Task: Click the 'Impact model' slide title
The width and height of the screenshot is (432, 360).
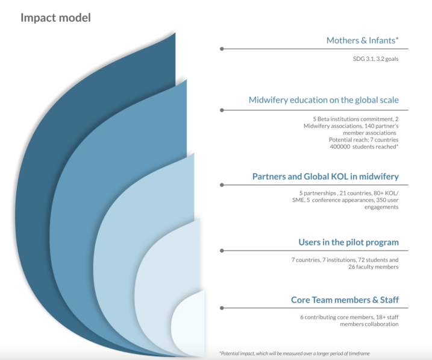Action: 55,17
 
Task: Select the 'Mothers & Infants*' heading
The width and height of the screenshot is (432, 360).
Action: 362,40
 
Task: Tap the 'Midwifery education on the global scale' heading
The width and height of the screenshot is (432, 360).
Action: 324,100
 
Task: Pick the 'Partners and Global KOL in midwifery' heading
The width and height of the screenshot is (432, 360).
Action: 325,177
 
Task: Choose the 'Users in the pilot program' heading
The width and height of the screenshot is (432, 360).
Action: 348,242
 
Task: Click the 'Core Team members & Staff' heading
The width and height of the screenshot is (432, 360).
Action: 345,300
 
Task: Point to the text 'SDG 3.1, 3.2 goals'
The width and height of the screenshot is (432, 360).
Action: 376,59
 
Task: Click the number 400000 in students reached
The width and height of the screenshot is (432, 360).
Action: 340,147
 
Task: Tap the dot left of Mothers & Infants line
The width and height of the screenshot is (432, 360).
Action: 222,49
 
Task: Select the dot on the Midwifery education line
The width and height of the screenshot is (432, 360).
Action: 222,110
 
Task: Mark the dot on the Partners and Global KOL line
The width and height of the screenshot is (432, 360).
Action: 222,185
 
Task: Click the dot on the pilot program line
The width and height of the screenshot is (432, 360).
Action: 222,251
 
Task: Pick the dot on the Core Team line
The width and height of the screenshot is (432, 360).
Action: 222,308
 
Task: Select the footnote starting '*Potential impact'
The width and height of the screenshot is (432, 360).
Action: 295,353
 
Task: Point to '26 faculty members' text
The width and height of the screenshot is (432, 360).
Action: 374,267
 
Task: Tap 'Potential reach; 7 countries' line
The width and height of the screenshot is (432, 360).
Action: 364,140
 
